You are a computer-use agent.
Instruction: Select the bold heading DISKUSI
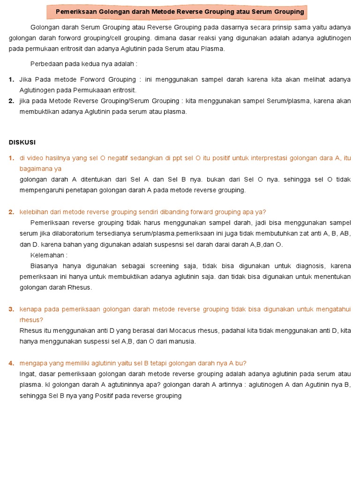point(22,142)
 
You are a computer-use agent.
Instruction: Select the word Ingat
point(28,374)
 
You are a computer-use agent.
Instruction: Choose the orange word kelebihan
point(34,212)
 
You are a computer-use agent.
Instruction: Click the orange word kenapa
point(31,309)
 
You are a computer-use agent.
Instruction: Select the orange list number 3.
point(11,309)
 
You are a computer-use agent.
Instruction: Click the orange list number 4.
point(11,363)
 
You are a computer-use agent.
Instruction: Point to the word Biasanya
point(45,266)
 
